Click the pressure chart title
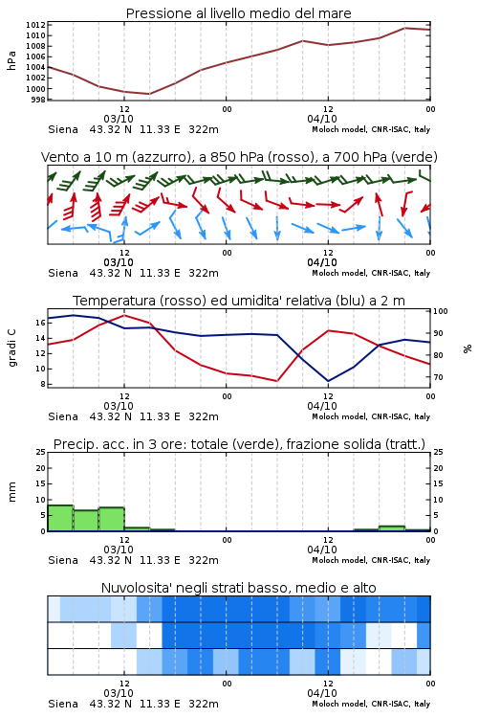(x=238, y=13)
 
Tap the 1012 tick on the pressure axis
(x=35, y=25)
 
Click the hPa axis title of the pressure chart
(x=11, y=60)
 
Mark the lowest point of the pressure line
(x=149, y=94)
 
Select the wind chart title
(x=239, y=157)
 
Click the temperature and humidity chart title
(x=239, y=301)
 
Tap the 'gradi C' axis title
(x=11, y=348)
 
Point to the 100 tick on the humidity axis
(x=441, y=311)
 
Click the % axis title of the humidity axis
(x=467, y=348)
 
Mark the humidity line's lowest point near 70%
(x=328, y=381)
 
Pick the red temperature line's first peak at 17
(x=124, y=315)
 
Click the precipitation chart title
(x=239, y=444)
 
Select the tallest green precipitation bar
(x=60, y=518)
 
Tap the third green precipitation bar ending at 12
(x=112, y=519)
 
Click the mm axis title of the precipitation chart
(x=11, y=492)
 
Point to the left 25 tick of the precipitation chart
(x=41, y=452)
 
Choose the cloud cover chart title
(x=239, y=588)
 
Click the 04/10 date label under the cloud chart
(x=322, y=693)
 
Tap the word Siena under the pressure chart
(x=63, y=129)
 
